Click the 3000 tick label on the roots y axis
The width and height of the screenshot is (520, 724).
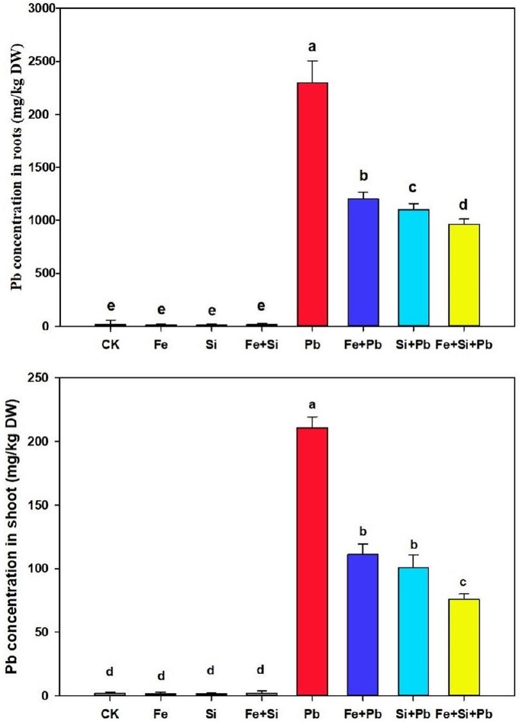(39, 9)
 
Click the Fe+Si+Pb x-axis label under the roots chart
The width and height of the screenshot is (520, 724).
(465, 345)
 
